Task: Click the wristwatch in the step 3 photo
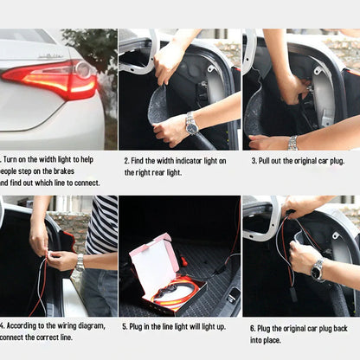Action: (293, 143)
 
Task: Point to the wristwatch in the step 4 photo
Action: (80, 262)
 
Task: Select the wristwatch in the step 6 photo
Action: (318, 270)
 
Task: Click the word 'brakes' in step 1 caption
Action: (76, 171)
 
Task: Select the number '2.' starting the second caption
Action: (126, 161)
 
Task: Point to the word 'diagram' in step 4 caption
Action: (91, 325)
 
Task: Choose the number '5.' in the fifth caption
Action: (126, 326)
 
